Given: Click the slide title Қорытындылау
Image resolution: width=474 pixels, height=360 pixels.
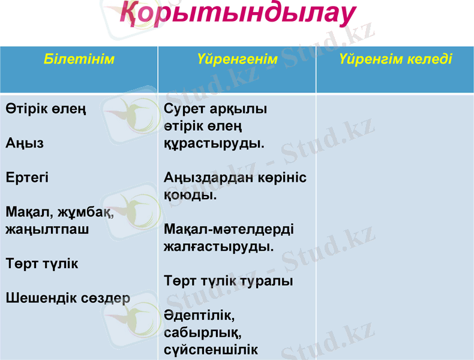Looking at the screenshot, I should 237,14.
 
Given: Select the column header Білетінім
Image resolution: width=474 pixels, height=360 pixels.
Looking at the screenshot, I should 79,59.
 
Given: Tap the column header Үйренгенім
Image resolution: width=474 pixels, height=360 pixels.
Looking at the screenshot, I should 237,59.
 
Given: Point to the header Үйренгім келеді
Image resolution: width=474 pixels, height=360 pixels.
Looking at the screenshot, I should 395,59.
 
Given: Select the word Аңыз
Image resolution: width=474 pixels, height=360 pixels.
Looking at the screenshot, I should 25,144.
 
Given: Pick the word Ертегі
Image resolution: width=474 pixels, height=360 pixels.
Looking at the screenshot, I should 28,178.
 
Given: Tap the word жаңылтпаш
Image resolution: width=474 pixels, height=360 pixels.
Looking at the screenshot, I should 47,229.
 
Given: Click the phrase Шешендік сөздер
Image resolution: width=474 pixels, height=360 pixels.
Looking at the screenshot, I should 68,298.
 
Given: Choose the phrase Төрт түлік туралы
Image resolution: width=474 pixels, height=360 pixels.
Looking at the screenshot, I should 228,281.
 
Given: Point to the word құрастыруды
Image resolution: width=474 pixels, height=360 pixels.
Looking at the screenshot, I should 213,144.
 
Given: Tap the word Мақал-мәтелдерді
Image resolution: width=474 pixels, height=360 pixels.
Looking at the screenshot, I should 229,230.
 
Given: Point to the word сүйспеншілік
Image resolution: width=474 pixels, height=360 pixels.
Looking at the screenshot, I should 211,350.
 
